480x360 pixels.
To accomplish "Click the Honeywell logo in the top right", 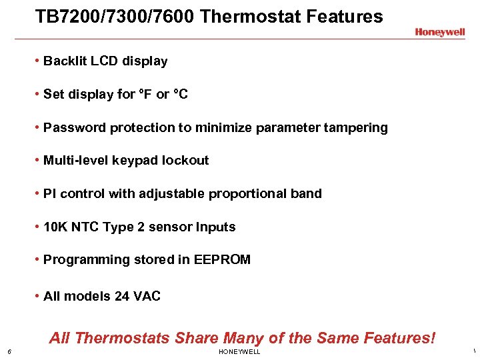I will click(439, 32).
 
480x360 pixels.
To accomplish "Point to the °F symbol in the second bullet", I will click(145, 94).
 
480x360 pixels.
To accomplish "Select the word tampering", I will click(357, 127).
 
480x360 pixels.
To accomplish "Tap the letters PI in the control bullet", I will click(49, 194).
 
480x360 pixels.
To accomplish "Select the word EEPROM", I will click(222, 260).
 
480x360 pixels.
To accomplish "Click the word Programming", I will click(85, 260).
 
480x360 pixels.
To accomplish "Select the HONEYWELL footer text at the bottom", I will click(239, 352).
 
